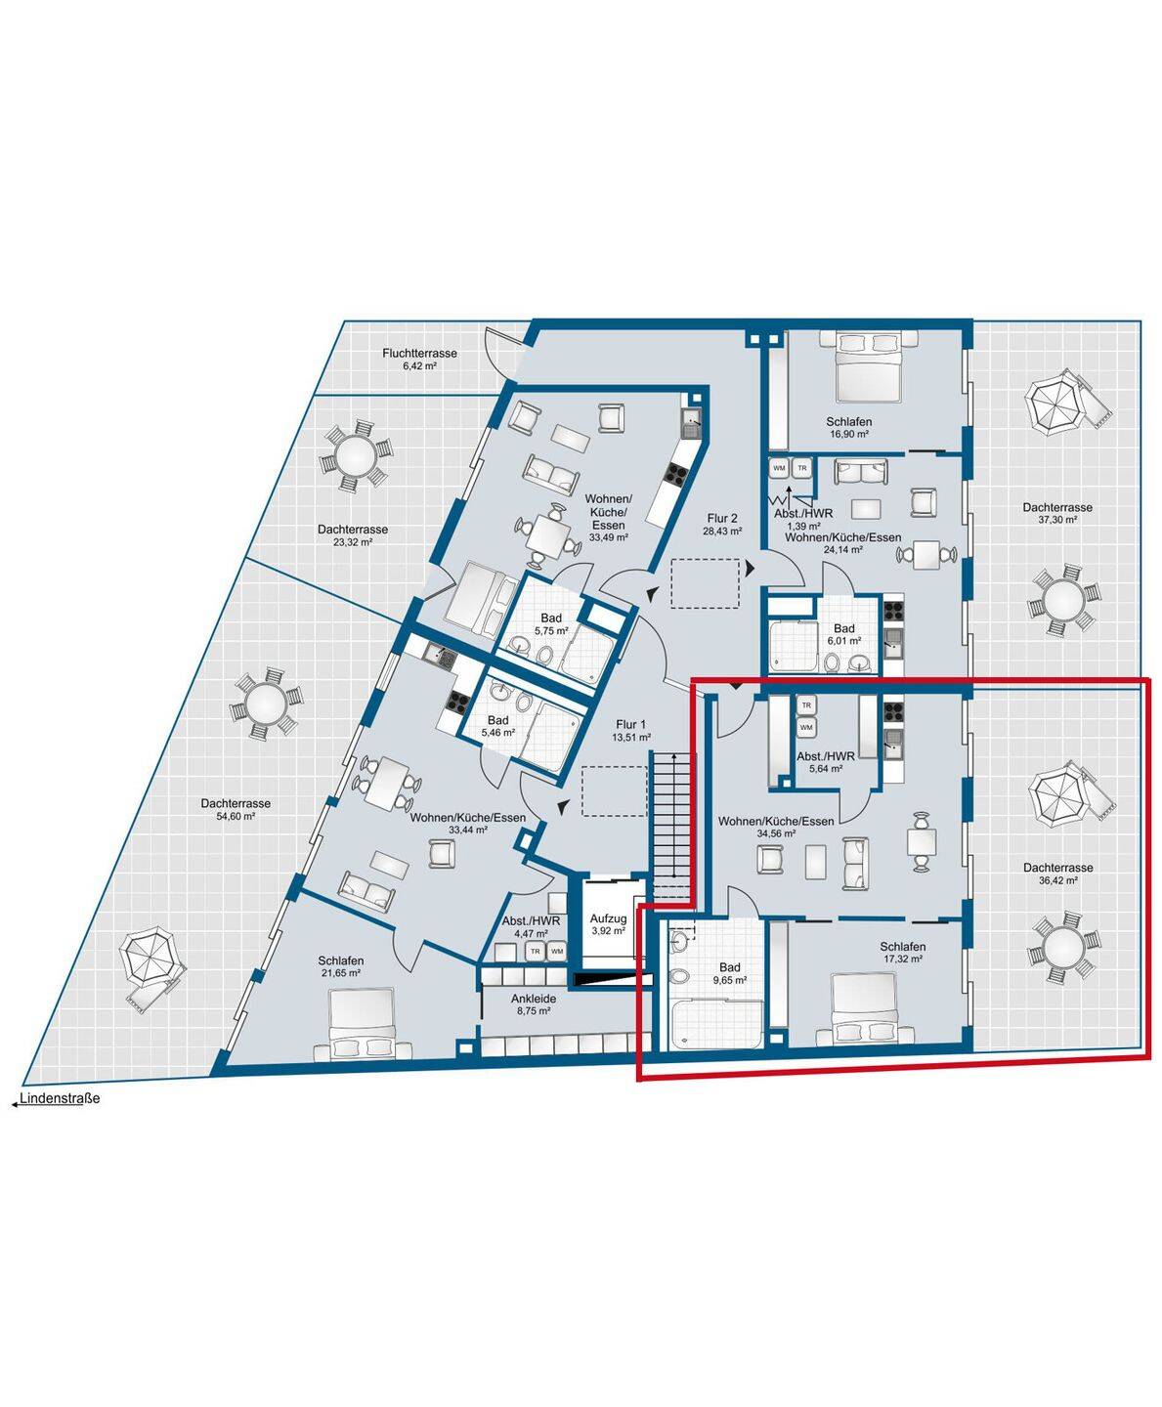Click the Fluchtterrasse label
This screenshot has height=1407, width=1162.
[x=419, y=353]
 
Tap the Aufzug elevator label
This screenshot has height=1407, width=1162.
[x=608, y=918]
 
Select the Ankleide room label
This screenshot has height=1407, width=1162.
[x=534, y=999]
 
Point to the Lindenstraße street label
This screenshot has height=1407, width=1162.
[x=60, y=1098]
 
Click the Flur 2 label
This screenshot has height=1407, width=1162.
[x=722, y=518]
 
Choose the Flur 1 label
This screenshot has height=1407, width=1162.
[x=630, y=724]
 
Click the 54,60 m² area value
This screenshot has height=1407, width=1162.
[x=236, y=816]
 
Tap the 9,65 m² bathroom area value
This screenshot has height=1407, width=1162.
[x=729, y=980]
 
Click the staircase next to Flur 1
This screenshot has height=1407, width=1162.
[x=671, y=826]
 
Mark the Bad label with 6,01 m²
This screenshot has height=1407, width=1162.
[x=843, y=628]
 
